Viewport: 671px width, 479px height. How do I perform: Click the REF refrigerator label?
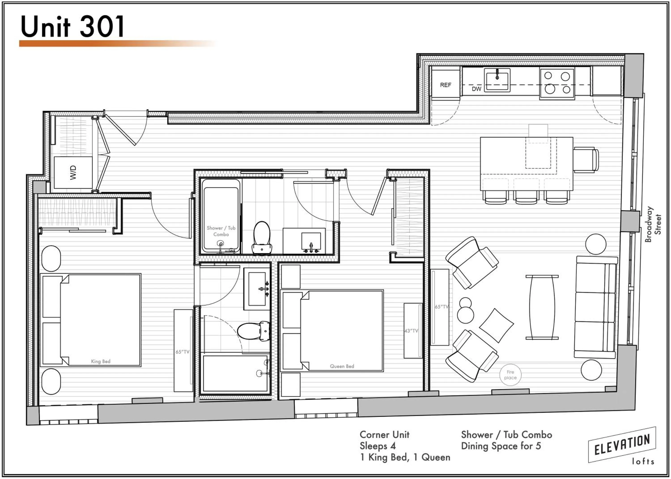coord(445,85)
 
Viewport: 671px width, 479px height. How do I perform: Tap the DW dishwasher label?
coord(476,89)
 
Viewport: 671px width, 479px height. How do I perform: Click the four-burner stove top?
coord(557,83)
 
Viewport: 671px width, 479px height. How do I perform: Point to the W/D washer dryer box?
coord(73,173)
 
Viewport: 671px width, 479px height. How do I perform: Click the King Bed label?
coord(101,361)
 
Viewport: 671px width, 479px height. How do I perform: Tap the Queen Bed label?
coord(342,366)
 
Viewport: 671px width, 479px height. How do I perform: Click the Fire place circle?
coord(510,375)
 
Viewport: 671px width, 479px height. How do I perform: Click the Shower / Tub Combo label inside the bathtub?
coord(221,231)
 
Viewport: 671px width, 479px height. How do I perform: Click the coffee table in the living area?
coord(542,307)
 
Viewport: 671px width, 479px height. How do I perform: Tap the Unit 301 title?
coord(72,27)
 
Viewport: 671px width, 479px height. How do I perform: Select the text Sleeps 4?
coord(378,446)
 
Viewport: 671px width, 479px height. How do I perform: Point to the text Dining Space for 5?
coord(501,446)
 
